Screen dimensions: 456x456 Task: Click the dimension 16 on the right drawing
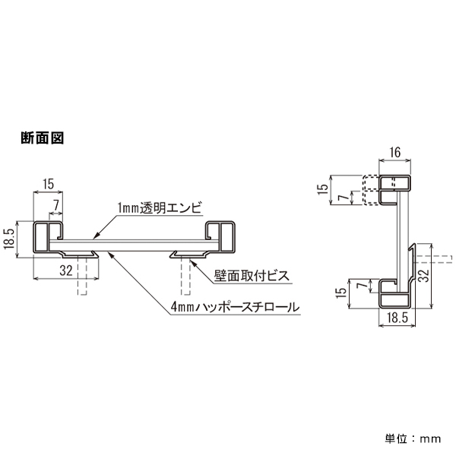point(395,153)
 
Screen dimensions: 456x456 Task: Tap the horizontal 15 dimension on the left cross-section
point(48,183)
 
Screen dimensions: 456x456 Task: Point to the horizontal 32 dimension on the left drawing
point(65,269)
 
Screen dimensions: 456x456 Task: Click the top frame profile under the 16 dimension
point(395,184)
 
